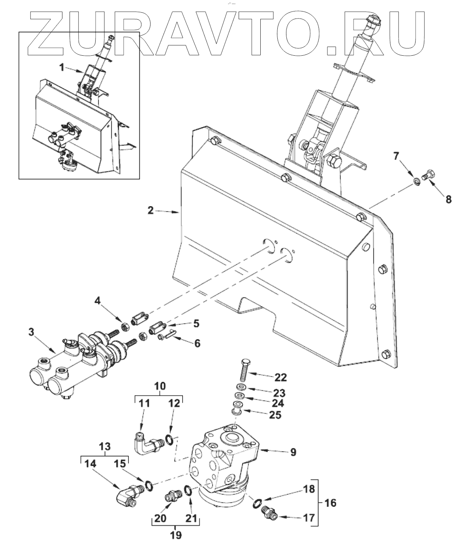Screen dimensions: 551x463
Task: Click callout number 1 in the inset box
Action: tap(62, 68)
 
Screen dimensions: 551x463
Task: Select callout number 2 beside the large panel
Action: tap(151, 211)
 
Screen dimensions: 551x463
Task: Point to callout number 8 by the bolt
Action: tap(449, 199)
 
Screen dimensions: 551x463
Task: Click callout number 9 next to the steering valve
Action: tap(293, 452)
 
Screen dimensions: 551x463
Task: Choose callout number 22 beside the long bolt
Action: tap(281, 377)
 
